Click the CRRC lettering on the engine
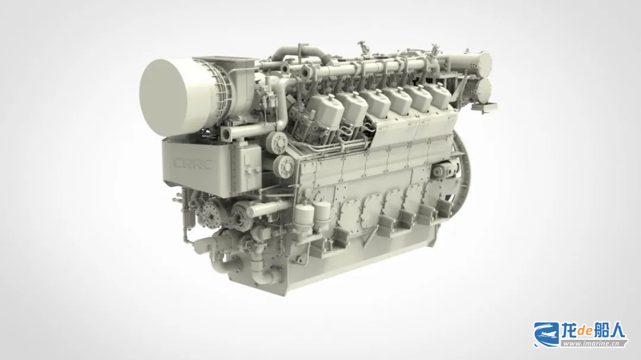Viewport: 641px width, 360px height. click(192, 164)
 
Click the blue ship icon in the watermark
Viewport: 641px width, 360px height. click(546, 334)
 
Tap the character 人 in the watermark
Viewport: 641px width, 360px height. click(617, 330)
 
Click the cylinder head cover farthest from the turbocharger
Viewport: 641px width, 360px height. click(438, 95)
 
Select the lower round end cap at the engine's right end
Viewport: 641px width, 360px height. click(484, 91)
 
